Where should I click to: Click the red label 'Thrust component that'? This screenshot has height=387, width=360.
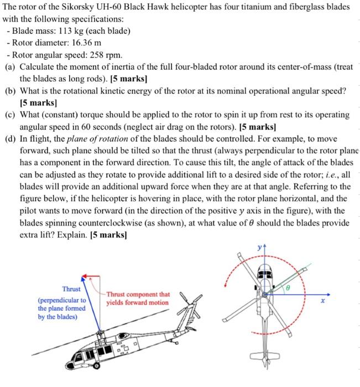pos(138,295)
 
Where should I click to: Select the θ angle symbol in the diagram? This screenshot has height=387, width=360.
pos(287,288)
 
